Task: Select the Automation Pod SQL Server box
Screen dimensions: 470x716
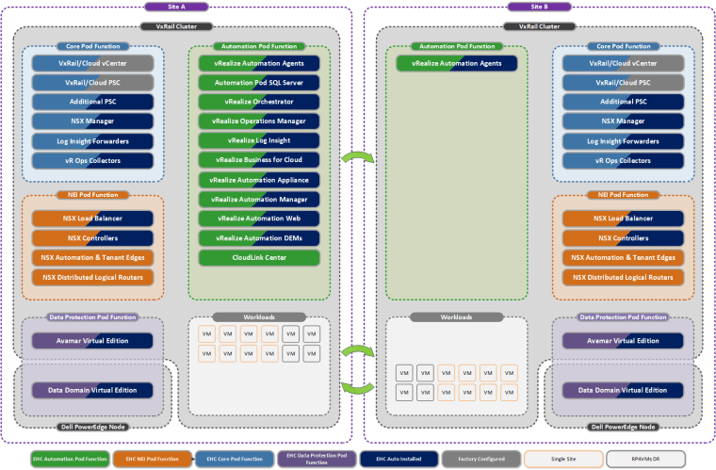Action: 259,82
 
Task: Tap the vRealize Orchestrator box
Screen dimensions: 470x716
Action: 259,102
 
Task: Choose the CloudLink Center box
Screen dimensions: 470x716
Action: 259,257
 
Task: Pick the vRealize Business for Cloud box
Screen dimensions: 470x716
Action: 259,160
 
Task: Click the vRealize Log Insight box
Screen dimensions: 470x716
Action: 259,140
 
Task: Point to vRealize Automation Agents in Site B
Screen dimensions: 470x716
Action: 457,63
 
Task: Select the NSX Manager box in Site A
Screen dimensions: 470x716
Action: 92,122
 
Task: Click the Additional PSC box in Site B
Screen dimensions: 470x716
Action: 623,102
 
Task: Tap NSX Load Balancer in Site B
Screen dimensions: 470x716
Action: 623,219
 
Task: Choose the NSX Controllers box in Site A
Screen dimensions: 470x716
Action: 92,238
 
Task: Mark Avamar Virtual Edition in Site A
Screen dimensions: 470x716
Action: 92,340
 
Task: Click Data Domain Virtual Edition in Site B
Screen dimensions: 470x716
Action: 623,390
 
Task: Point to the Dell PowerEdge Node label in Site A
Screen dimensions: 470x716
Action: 92,427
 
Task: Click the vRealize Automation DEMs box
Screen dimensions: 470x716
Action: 259,238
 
